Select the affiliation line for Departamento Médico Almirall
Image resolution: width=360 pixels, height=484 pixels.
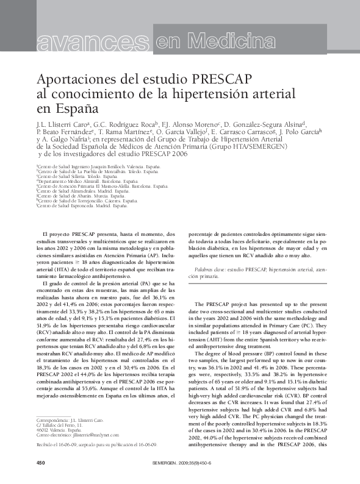pyautogui.click(x=88, y=181)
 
